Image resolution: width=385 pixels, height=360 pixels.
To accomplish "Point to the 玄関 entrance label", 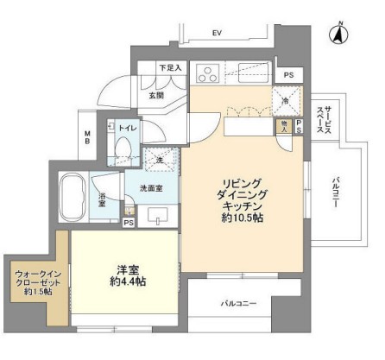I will pos(156,97).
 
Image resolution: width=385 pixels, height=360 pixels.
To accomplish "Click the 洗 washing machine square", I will pos(158,159).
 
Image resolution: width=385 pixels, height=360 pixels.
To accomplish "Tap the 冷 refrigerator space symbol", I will pos(286,101).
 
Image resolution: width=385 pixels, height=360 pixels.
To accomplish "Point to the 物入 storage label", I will pos(286,126).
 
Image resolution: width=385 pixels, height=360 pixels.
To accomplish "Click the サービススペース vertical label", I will pos(320,118).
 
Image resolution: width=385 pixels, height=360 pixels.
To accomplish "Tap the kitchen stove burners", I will pos(209,73).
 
